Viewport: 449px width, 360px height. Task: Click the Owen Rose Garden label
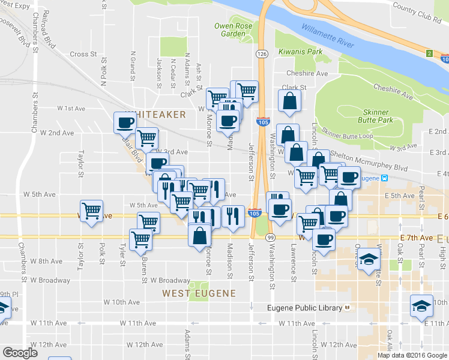231,30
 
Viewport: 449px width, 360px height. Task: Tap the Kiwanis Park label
299,52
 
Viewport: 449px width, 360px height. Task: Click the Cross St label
83,54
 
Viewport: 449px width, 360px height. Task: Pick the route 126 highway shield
262,54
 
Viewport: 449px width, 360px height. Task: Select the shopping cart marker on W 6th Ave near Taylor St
91,211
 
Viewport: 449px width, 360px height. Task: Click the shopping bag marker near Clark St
289,101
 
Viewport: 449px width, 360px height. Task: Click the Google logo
20,353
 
